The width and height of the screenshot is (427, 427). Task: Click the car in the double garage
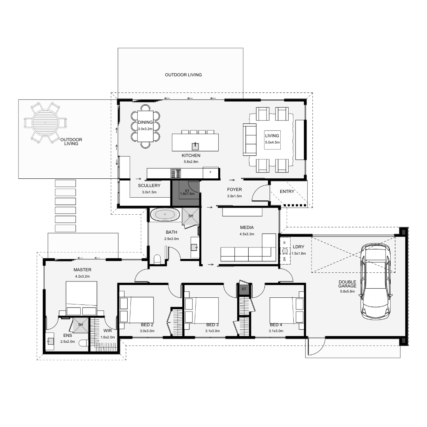tap(376, 281)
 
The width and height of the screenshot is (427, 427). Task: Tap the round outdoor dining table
tap(45, 123)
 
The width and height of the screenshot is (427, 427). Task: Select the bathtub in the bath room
tap(165, 215)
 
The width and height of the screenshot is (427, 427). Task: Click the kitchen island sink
tap(195, 146)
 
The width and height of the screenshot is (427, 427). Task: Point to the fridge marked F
tap(210, 173)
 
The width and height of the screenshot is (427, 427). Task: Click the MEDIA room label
tap(247, 227)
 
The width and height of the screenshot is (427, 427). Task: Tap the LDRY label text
tap(299, 247)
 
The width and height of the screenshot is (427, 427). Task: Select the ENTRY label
tap(287, 192)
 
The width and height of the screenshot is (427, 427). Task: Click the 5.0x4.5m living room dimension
tap(272, 142)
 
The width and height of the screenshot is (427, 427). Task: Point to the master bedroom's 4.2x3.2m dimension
tap(82, 276)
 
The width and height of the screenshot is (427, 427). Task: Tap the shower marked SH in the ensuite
tap(80, 325)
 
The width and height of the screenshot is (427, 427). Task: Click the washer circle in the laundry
tap(285, 251)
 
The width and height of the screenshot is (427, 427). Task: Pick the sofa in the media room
tap(248, 253)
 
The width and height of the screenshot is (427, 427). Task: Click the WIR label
tap(108, 331)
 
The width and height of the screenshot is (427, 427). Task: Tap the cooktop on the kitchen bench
tap(176, 173)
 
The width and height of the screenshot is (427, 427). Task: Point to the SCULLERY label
tap(149, 185)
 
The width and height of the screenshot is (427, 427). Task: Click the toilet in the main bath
tap(157, 259)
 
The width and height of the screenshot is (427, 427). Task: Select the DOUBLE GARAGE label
tap(348, 284)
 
